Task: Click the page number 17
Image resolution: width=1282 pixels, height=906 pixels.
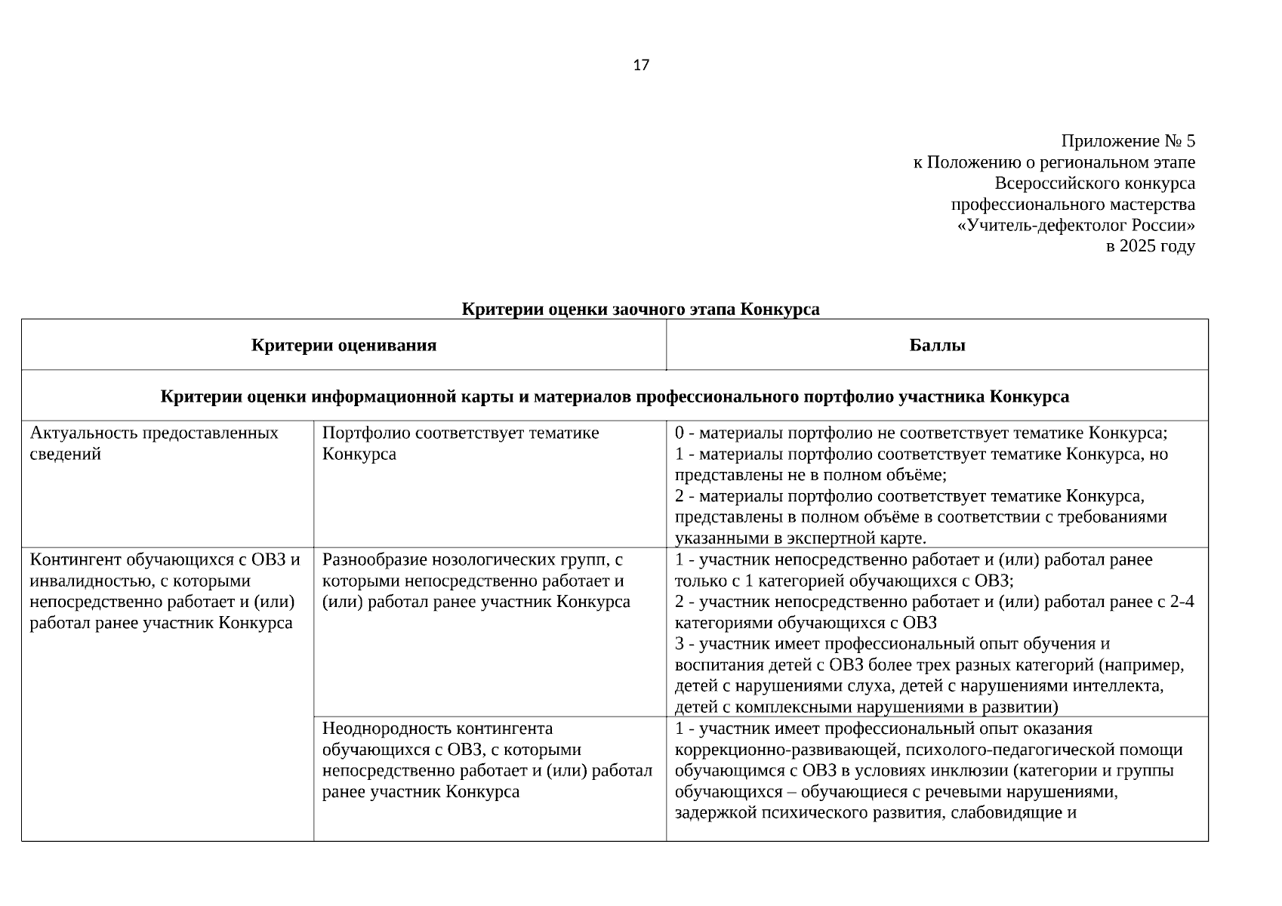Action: tap(640, 66)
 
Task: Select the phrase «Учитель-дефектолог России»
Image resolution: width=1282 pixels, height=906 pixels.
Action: tap(1075, 226)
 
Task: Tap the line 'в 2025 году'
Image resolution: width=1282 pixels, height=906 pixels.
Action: tap(1150, 246)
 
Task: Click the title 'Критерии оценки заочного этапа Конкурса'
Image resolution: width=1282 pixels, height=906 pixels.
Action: tap(640, 310)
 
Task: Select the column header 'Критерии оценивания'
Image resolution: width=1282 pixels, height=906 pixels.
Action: tap(344, 346)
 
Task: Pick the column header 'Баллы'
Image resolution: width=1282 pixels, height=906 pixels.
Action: tap(937, 346)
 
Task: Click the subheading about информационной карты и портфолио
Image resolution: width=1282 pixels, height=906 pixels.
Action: tap(615, 397)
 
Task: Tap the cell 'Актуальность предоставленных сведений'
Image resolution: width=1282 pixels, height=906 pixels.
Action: tap(154, 443)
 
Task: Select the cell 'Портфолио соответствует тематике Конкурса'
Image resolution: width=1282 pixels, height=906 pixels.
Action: tap(460, 443)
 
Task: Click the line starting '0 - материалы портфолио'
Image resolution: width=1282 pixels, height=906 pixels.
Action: tap(921, 433)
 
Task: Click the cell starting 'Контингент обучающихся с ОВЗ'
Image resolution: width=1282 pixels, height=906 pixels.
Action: tap(165, 591)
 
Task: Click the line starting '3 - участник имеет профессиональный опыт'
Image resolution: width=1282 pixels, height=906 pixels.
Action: tap(892, 644)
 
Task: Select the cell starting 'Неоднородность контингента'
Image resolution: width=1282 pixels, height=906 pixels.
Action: tap(486, 760)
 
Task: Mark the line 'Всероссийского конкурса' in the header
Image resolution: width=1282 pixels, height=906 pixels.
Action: tap(1094, 183)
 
